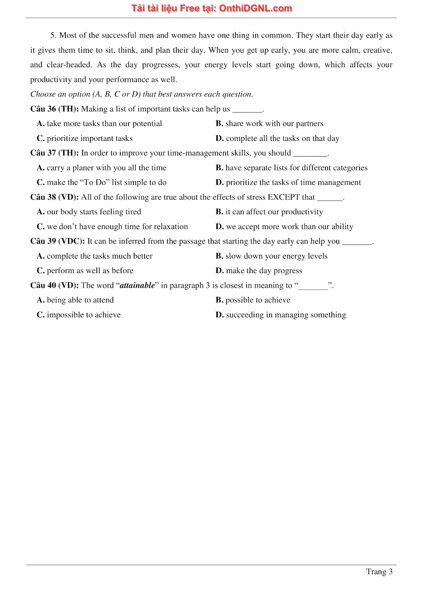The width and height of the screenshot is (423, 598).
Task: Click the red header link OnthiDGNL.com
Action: click(x=255, y=9)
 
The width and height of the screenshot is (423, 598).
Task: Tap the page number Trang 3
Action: click(x=379, y=571)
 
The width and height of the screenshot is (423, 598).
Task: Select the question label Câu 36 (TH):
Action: click(x=55, y=109)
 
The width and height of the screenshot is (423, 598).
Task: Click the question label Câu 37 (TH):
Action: click(x=55, y=153)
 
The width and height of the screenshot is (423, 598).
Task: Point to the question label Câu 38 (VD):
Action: click(x=55, y=197)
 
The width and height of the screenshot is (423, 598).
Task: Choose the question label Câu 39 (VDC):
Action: click(x=58, y=241)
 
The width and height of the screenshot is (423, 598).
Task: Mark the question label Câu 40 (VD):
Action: click(x=55, y=286)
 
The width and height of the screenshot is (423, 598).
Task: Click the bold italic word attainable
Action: click(x=137, y=286)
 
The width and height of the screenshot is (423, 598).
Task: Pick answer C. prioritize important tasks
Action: click(x=85, y=139)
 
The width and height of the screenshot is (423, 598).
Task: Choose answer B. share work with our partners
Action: click(x=269, y=124)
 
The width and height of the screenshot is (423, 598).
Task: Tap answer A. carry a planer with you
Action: click(x=102, y=168)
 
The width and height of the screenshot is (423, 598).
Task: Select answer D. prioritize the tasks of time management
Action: click(x=288, y=182)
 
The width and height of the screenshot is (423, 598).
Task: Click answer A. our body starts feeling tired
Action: click(x=89, y=212)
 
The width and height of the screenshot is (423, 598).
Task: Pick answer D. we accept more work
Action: click(x=284, y=227)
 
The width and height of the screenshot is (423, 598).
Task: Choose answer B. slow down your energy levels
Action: click(x=272, y=256)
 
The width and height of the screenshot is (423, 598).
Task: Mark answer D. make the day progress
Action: click(x=259, y=271)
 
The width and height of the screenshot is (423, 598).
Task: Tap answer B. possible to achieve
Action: click(x=253, y=300)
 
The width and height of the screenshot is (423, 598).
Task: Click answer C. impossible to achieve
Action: click(x=79, y=315)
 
